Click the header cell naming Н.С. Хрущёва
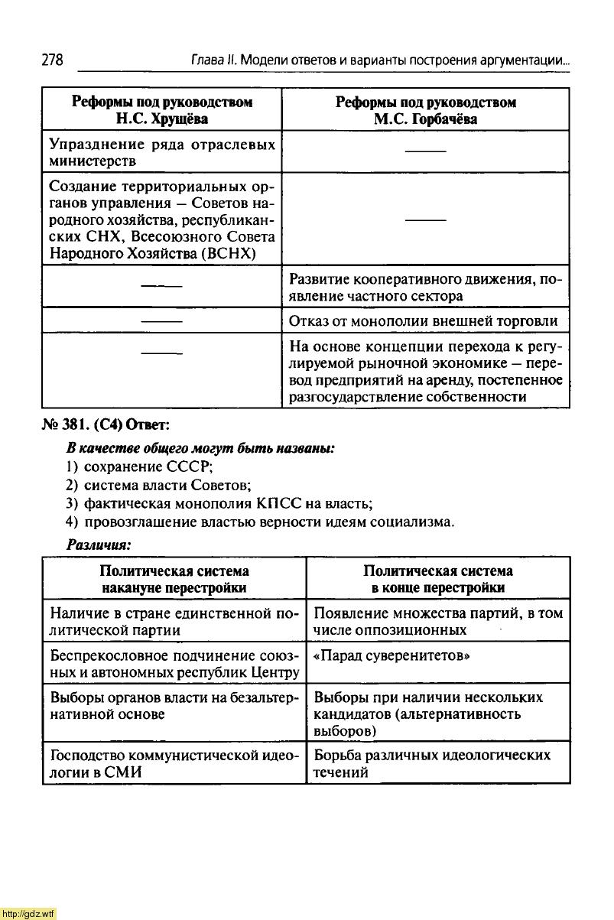click(x=161, y=110)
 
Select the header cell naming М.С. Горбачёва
click(x=426, y=110)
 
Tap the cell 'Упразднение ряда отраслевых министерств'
click(x=161, y=152)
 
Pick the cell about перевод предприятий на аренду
click(x=425, y=372)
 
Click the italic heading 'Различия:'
click(x=99, y=544)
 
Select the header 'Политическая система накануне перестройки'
click(x=174, y=579)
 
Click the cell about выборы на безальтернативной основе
click(x=174, y=705)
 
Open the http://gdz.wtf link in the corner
click(x=29, y=913)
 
